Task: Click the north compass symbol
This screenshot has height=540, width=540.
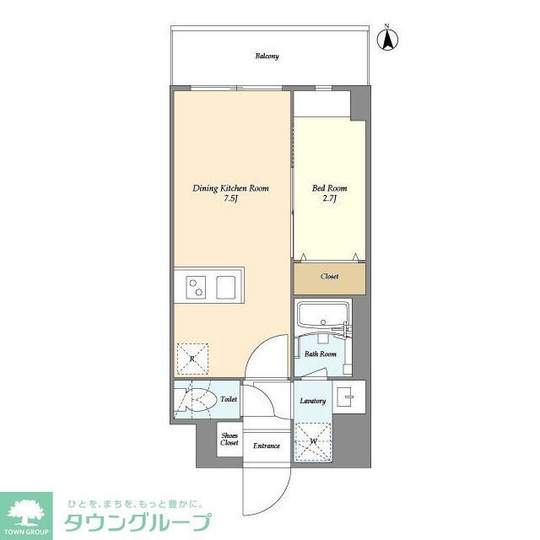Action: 391,39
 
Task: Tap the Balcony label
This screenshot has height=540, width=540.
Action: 267,57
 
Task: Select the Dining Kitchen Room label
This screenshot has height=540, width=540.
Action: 229,188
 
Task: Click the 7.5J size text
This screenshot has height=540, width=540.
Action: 229,201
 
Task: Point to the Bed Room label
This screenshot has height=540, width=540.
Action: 330,188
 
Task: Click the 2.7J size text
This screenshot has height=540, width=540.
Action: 330,201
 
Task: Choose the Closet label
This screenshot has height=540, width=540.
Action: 330,277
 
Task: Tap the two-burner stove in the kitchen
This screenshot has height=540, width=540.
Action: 196,288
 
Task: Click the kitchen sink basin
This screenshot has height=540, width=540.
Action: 228,288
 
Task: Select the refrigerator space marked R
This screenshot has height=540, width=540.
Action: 193,359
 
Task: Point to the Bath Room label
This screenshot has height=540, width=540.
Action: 321,354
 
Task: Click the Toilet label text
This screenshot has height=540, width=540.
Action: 228,399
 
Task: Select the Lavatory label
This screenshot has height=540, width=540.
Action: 312,400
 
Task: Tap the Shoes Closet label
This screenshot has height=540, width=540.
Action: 229,439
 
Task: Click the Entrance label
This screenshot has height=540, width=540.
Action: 267,445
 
